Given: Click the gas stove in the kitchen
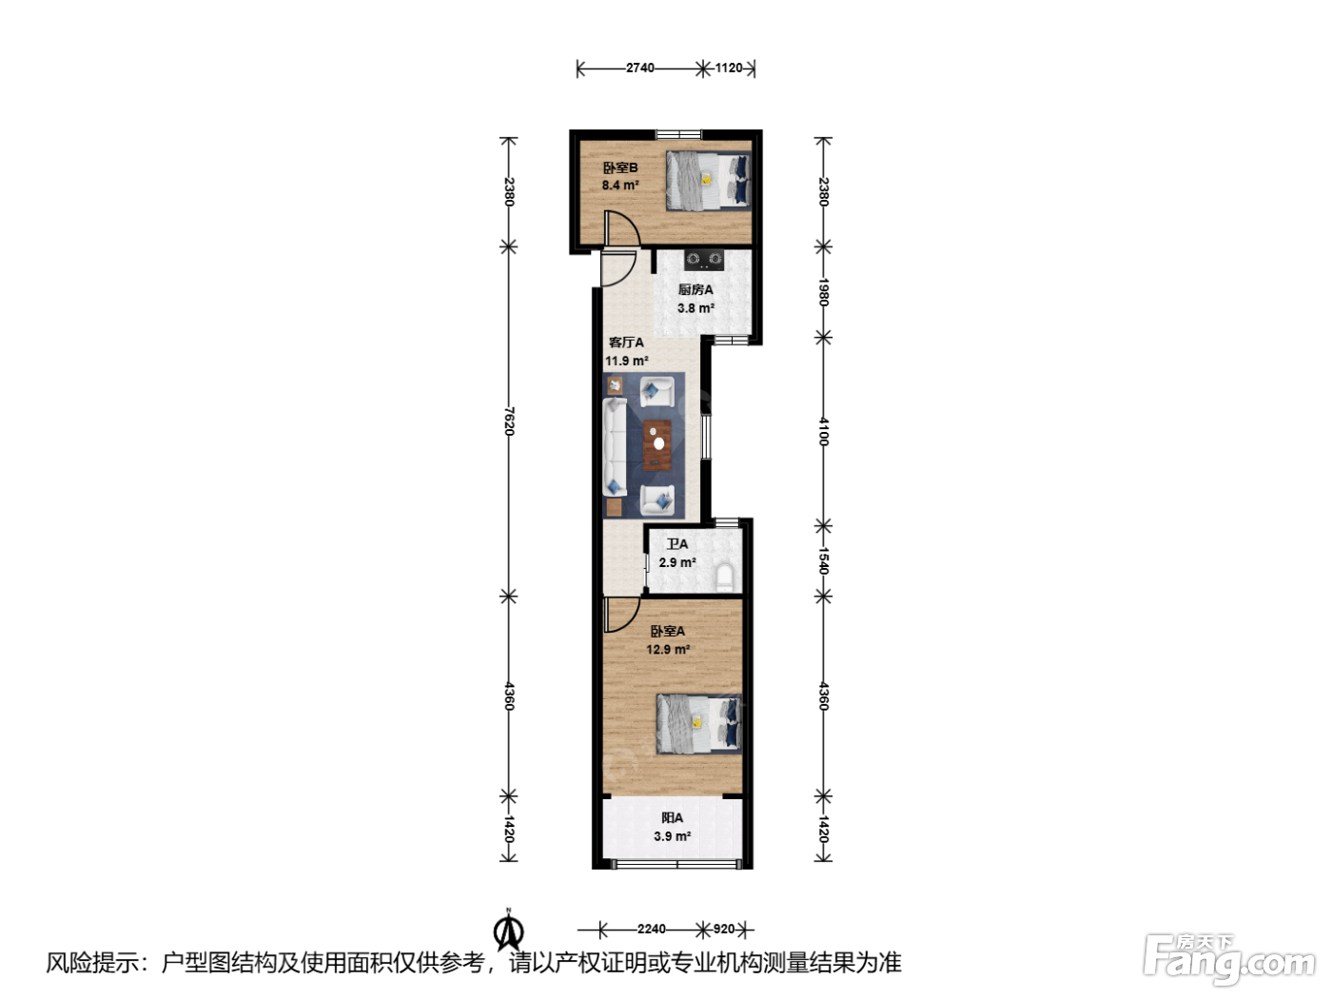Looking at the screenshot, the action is coord(705,260).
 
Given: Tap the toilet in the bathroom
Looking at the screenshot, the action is coord(725,577).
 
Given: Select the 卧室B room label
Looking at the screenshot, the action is coord(619,167).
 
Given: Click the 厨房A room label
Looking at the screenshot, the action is coord(695,290).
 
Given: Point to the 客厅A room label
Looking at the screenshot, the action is coord(626,343).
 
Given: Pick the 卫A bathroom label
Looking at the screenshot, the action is coord(677,544).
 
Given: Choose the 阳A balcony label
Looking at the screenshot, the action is coord(672,817).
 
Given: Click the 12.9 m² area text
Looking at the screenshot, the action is coord(668,650).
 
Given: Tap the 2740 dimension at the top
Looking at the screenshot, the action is coord(640,68).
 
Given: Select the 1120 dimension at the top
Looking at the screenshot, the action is coord(728,68).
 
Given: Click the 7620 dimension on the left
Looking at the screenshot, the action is coord(509,421).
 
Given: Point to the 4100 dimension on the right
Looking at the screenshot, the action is coord(824,431).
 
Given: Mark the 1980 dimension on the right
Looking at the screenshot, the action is coord(824,292).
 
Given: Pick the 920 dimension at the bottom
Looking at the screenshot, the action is coord(723,929).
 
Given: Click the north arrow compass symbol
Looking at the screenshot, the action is coord(508,933).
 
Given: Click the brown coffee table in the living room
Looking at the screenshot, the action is coord(657,444).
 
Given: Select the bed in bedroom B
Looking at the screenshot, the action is coord(708,180).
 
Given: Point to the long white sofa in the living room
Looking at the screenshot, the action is coord(615,446).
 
